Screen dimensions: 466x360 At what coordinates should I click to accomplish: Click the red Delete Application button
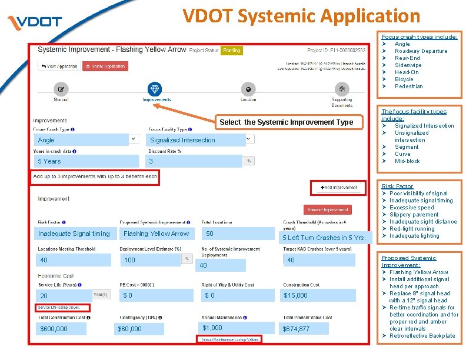[105, 66]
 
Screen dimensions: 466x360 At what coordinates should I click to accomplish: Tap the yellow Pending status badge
[231, 51]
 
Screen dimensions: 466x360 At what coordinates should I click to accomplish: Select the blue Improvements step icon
[155, 89]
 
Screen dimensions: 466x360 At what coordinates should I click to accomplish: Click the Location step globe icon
[248, 89]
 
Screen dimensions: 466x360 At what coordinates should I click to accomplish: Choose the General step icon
[61, 89]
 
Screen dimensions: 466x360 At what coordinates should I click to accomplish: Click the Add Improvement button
[338, 188]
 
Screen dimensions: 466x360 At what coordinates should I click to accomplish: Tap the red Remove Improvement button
[328, 209]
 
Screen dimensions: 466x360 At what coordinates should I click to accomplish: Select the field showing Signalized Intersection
[197, 140]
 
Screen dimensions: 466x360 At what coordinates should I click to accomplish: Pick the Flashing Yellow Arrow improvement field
[157, 234]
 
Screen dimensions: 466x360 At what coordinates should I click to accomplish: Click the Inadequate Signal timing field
[74, 234]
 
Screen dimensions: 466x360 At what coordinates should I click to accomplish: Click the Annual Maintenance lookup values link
[230, 339]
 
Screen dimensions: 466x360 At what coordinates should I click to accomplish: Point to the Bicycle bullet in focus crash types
[404, 79]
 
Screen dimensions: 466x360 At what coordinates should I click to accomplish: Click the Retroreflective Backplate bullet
[421, 336]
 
